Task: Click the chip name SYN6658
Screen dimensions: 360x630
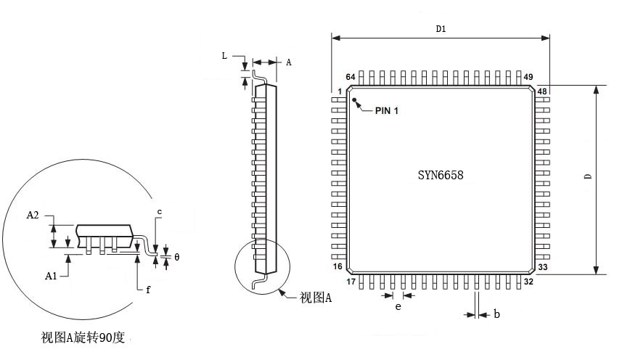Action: point(440,175)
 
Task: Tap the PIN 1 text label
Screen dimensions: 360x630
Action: point(387,110)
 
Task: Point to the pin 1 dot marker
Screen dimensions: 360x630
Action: point(356,101)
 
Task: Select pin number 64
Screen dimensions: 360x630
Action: point(350,77)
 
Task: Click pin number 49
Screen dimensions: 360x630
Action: point(528,77)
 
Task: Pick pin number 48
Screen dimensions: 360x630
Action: point(542,91)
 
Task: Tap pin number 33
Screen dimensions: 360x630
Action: point(542,267)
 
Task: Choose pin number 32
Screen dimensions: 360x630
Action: point(529,282)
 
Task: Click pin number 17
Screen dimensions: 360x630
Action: point(351,282)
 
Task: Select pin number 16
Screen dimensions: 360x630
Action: point(337,267)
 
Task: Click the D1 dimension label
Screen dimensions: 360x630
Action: point(441,29)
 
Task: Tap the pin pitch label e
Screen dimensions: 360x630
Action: point(398,307)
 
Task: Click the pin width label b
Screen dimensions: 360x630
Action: point(496,314)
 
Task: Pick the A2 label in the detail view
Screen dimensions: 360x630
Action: point(32,216)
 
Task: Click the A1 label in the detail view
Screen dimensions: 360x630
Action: point(51,276)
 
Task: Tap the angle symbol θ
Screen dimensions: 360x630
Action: point(176,258)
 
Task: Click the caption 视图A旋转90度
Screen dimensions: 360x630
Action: point(88,337)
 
